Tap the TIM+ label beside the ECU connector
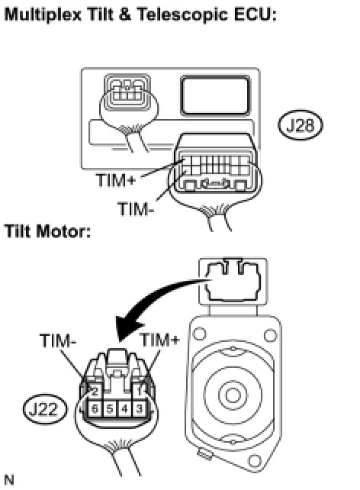tap(116, 180)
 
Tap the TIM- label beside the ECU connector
tap(136, 208)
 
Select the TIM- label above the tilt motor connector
tap(58, 340)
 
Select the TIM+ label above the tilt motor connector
tap(159, 340)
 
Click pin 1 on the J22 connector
tap(140, 390)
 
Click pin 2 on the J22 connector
tap(95, 390)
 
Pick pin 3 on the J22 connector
tap(140, 409)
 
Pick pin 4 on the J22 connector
tap(124, 409)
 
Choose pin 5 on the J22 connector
tap(110, 409)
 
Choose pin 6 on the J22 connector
tap(95, 409)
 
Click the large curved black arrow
tap(146, 300)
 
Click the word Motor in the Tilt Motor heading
tap(64, 231)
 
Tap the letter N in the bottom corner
tap(9, 479)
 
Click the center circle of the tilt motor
tap(233, 395)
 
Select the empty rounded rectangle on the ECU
tap(215, 95)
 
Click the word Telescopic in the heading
tap(182, 15)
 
